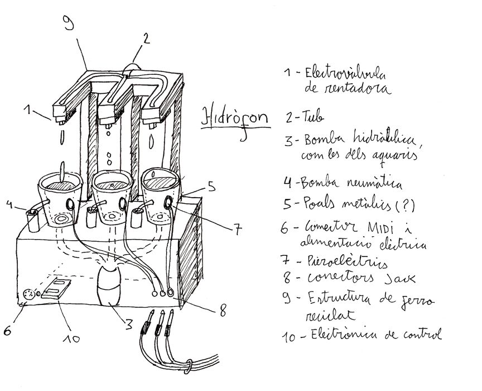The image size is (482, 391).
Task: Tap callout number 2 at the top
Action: point(146,39)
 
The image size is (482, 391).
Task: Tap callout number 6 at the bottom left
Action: point(8,330)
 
